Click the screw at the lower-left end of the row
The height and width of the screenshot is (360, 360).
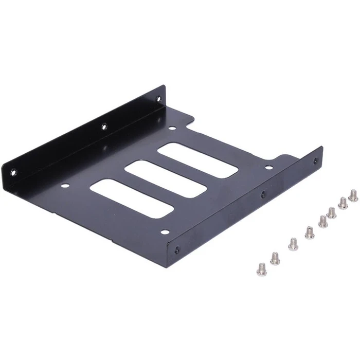click(x=262, y=268)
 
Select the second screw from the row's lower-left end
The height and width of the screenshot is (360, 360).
click(x=275, y=258)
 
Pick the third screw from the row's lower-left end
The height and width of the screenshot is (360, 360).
click(x=293, y=244)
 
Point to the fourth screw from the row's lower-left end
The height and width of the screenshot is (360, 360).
click(x=310, y=232)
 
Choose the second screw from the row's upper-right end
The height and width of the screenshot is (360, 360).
click(x=343, y=203)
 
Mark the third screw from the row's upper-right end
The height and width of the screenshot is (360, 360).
click(x=332, y=212)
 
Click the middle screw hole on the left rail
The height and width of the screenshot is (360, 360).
click(x=104, y=125)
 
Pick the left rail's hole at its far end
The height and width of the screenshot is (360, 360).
click(x=158, y=98)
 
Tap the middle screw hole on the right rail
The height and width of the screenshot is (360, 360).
click(x=263, y=194)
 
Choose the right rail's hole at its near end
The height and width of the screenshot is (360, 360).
click(x=177, y=249)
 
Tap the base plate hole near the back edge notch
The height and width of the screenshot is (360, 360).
click(x=172, y=129)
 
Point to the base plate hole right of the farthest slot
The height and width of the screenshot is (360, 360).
click(x=268, y=167)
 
